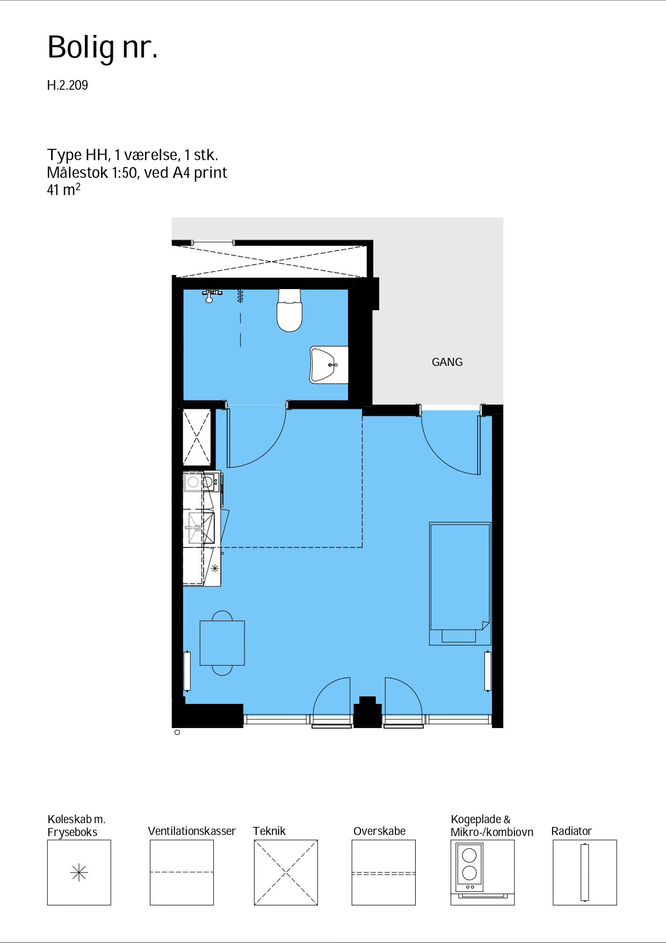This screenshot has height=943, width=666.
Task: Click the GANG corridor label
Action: (447, 362)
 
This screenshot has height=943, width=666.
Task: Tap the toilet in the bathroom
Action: (289, 311)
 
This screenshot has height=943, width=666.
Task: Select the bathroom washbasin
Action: (329, 365)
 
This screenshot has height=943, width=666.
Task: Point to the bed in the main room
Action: (460, 584)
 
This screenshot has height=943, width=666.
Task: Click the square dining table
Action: (222, 643)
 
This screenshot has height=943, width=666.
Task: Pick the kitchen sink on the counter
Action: (200, 528)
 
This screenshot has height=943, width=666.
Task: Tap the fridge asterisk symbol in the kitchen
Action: (215, 568)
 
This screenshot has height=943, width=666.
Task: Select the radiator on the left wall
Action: (187, 671)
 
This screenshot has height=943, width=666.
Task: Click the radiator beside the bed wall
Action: (488, 671)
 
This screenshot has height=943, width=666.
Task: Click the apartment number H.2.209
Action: (68, 85)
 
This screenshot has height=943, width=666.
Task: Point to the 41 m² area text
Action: (64, 190)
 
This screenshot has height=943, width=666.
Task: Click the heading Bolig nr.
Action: (103, 47)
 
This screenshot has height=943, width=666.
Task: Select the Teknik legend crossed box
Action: (286, 873)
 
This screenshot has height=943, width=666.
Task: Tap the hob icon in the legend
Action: (469, 867)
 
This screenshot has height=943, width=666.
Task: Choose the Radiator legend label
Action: (571, 831)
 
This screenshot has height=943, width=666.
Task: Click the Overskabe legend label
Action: (379, 831)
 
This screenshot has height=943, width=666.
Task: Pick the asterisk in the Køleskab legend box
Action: (79, 873)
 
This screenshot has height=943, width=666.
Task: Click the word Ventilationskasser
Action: (192, 831)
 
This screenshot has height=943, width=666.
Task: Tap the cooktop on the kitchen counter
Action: (201, 482)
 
